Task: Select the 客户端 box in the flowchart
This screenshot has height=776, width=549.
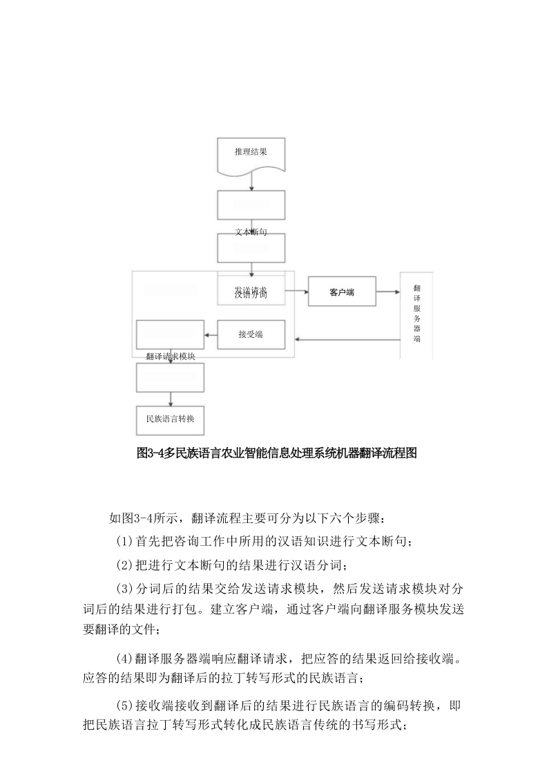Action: pyautogui.click(x=341, y=293)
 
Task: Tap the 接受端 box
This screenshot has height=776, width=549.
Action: pyautogui.click(x=251, y=334)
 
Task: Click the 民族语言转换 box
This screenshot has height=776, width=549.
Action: pyautogui.click(x=170, y=419)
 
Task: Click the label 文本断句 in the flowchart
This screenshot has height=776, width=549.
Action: pyautogui.click(x=251, y=232)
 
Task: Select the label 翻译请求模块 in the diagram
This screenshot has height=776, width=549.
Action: pyautogui.click(x=171, y=357)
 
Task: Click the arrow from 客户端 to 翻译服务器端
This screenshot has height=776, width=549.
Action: pyautogui.click(x=387, y=293)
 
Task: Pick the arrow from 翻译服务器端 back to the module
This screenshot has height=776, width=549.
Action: pyautogui.click(x=345, y=339)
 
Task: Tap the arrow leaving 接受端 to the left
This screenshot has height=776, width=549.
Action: pyautogui.click(x=211, y=335)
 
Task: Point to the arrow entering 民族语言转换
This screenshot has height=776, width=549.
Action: pyautogui.click(x=171, y=399)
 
